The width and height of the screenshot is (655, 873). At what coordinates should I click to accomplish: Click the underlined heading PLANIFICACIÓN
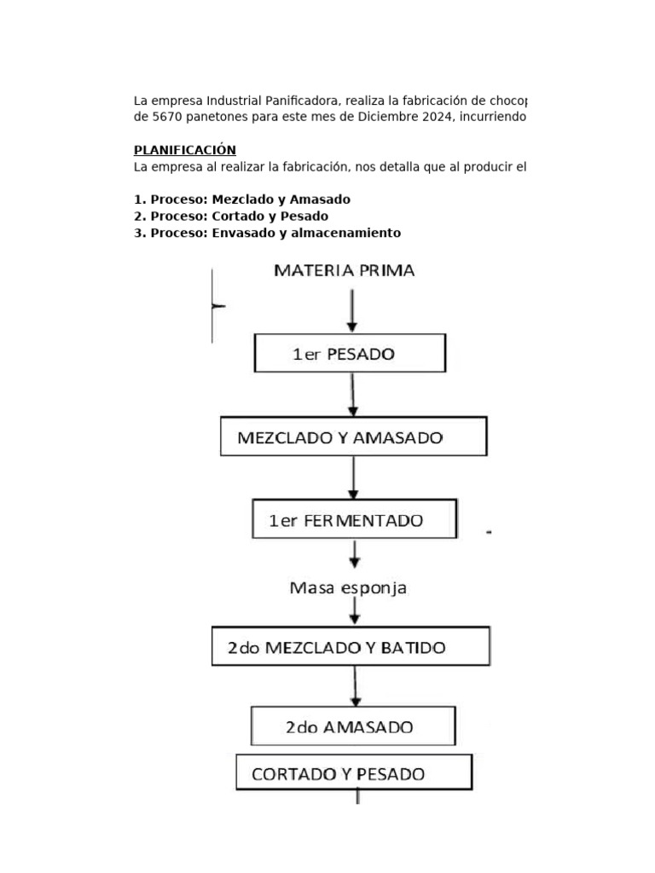point(184,150)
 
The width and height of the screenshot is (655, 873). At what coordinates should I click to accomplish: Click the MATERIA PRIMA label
point(344,271)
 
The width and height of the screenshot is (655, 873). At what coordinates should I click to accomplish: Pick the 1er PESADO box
point(351,353)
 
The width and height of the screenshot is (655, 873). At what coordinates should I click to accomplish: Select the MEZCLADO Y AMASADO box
point(353,437)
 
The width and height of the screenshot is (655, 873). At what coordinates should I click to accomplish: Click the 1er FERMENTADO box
point(355,520)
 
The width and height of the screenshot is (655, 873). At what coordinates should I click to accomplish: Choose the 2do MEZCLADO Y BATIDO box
point(350,647)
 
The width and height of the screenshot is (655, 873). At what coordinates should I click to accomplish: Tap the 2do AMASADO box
point(352,727)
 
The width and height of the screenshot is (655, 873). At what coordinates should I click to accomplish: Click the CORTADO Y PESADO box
point(353,773)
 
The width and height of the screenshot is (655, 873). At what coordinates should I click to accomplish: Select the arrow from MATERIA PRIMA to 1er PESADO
point(351,310)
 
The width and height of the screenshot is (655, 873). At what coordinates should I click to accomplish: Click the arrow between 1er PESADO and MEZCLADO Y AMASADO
point(353,395)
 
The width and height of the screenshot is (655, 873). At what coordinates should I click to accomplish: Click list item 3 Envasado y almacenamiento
point(267,233)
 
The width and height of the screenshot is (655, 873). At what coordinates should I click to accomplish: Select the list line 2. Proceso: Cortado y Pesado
point(230,216)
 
